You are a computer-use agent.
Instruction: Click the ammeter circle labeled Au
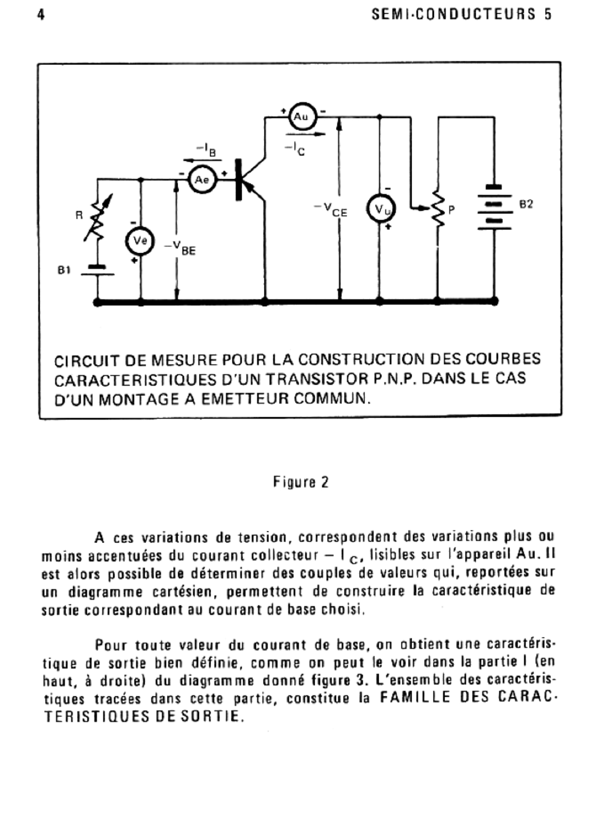(301, 117)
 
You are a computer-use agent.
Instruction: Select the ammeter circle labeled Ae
(202, 180)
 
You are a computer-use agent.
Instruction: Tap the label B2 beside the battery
(526, 204)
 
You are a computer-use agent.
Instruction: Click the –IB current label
(206, 149)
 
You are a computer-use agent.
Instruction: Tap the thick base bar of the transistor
(239, 180)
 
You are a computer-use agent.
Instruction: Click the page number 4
(41, 15)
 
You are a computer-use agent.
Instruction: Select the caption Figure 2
(301, 482)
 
